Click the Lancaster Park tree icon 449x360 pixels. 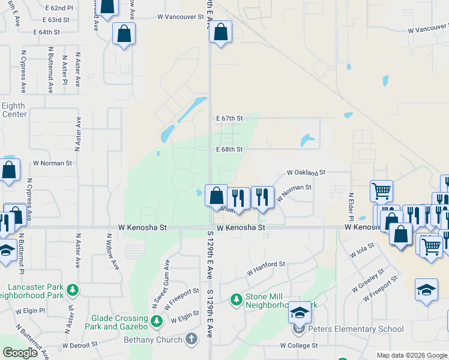coord(72,290)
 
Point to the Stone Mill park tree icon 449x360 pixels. coord(237,298)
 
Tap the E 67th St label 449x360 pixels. coord(229,118)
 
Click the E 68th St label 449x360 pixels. coord(229,149)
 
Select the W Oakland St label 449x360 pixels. coord(306,172)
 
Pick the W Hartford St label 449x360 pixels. coord(265,265)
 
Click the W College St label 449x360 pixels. coord(299,346)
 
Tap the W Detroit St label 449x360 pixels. coord(79,345)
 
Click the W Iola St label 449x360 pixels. coord(363,250)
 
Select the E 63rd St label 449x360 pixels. coord(52,20)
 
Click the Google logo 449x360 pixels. coord(20,353)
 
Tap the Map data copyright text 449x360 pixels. coord(411,355)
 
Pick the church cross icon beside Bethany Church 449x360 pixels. coord(192,340)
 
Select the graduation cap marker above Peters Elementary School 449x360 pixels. coord(300,313)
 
